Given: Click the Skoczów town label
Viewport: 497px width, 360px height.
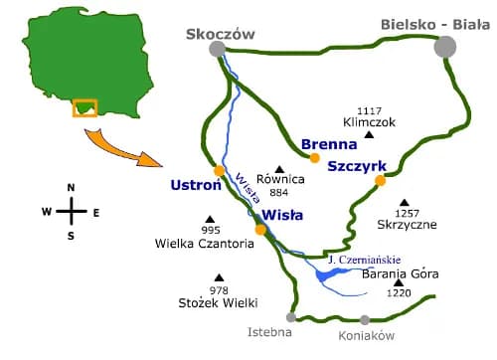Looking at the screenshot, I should click(220, 34).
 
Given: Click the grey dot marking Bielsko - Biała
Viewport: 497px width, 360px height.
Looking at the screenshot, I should click(445, 47).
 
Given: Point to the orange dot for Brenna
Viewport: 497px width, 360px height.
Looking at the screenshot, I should click(315, 157).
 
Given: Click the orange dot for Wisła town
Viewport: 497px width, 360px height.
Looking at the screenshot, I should click(260, 230).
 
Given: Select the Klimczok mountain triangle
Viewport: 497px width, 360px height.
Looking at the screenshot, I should click(369, 135).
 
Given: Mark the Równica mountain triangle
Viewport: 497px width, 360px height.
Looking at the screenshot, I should click(280, 168).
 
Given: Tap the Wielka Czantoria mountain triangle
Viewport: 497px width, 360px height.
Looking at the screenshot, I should click(210, 219).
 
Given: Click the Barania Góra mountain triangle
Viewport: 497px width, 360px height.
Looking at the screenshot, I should click(398, 283).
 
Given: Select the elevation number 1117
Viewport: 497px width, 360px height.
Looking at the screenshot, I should click(369, 110).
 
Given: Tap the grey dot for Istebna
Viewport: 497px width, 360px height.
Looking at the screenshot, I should click(290, 318).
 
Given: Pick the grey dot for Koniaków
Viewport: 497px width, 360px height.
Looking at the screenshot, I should click(365, 319).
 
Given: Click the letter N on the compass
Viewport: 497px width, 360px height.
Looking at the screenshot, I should click(70, 188).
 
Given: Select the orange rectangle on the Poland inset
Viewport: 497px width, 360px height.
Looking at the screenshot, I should click(84, 106).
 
